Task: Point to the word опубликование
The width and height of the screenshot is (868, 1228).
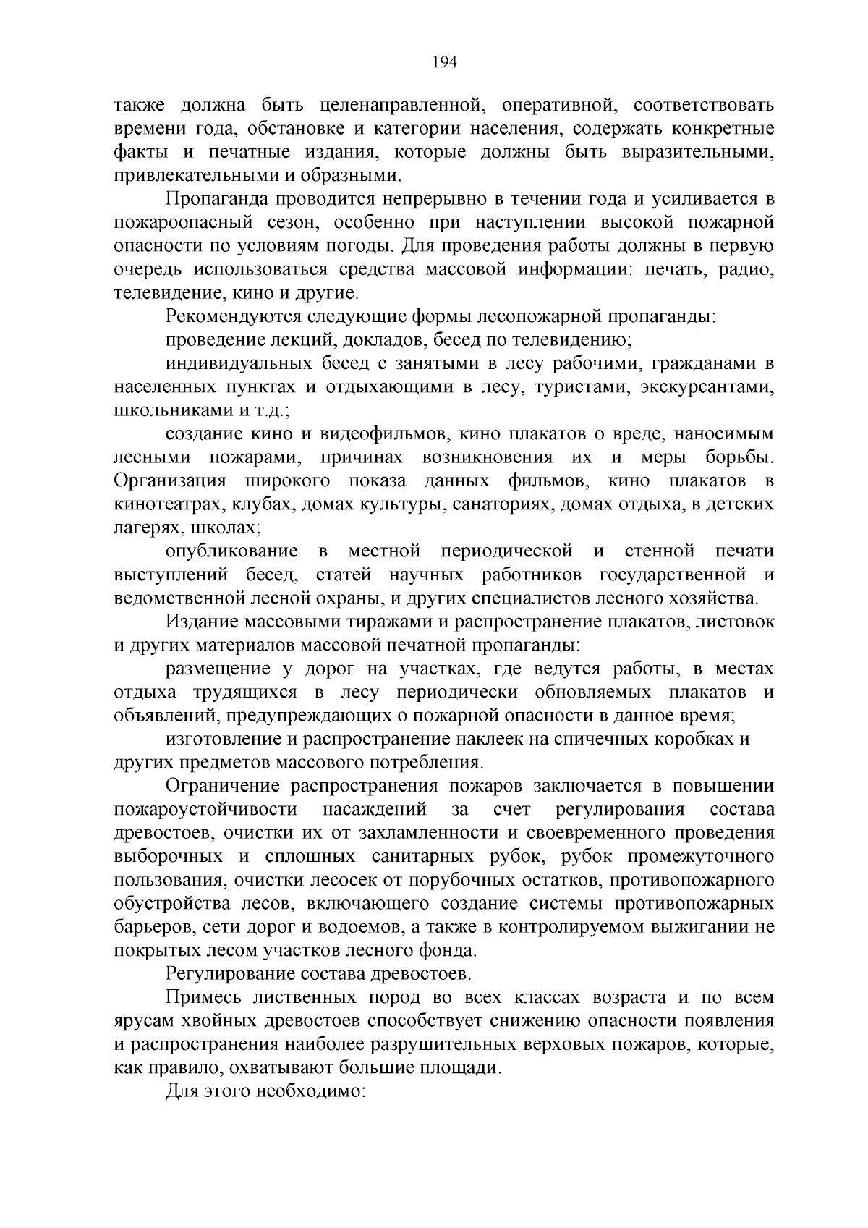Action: pyautogui.click(x=231, y=551)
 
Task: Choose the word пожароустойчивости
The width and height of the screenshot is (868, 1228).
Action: pyautogui.click(x=205, y=810)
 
